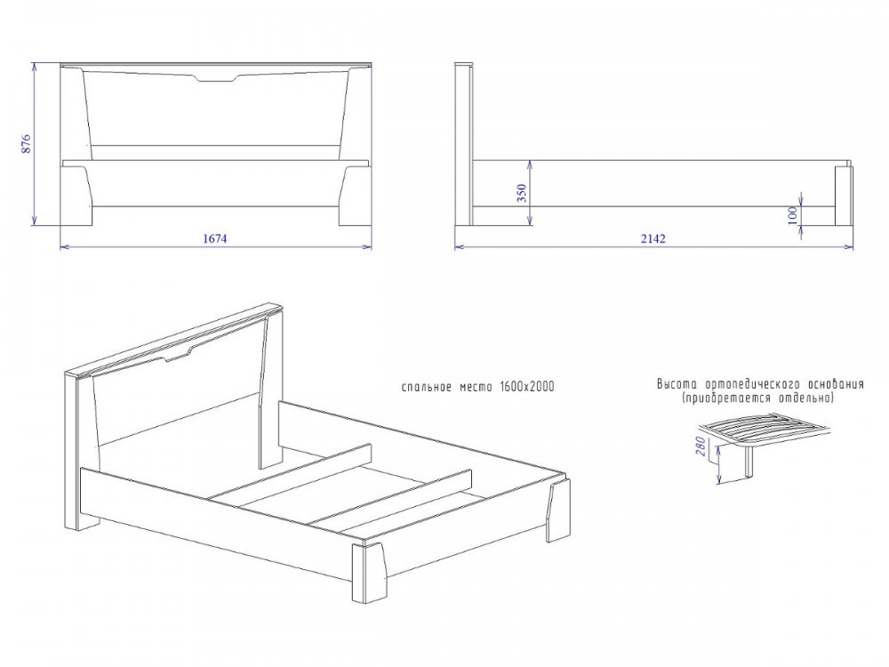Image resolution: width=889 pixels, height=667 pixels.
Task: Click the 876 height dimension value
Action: coord(26,144)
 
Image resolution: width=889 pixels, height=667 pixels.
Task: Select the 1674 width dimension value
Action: coord(215,238)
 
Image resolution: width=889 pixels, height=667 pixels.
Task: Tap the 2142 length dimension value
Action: coord(653,238)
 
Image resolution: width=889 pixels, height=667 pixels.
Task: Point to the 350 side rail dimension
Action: coord(522,193)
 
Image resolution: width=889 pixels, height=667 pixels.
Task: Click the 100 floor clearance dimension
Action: coord(793,215)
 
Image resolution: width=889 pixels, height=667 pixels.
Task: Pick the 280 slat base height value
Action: coord(701,446)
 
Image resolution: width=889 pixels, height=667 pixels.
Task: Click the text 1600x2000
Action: coord(526,387)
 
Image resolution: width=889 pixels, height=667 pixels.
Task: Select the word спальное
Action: coord(427,388)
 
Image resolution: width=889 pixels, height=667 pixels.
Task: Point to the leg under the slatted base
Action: coord(749,461)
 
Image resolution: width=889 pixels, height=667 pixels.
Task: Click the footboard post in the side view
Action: coord(843,196)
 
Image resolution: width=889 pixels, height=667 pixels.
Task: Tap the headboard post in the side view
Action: coord(464,144)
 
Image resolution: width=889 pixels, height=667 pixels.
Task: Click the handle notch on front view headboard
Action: coord(217,79)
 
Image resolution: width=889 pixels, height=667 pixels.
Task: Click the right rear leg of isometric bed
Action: coord(558,510)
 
